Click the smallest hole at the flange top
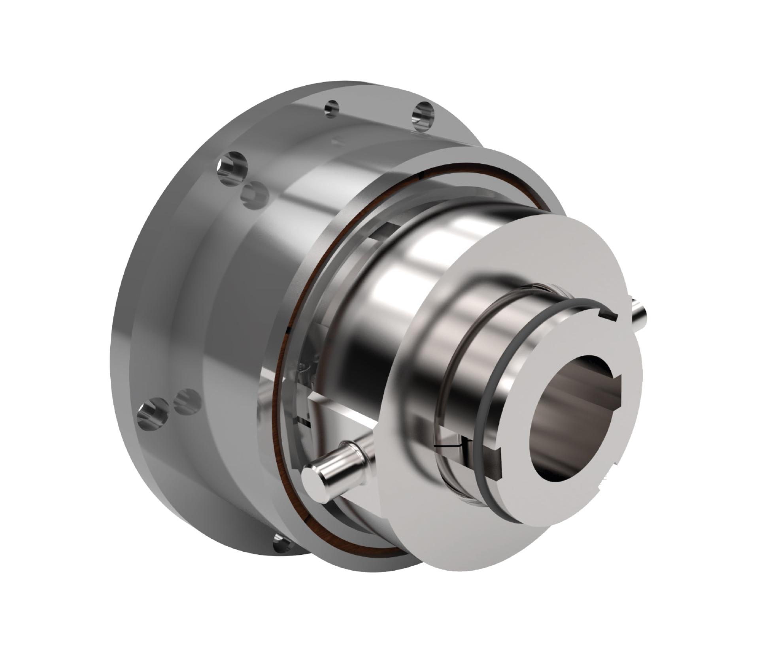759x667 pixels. click(331, 108)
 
